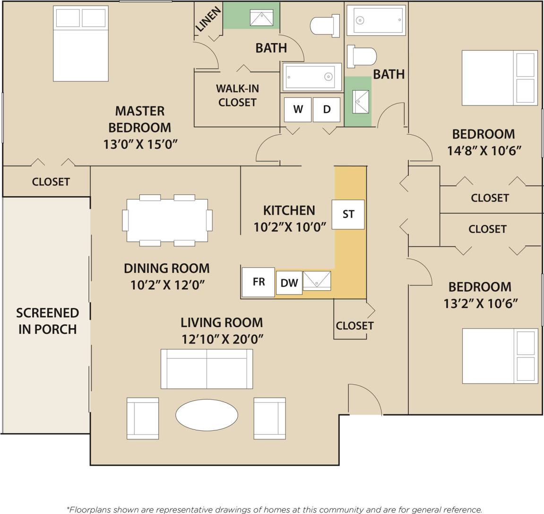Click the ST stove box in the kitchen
point(348,215)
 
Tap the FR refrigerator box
point(258,282)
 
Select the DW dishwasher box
point(289,283)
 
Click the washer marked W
point(298,109)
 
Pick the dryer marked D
point(327,109)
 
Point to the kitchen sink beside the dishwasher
point(317,281)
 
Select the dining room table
point(167,220)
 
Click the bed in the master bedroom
point(81,44)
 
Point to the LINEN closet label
point(208,20)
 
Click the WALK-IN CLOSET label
point(237,96)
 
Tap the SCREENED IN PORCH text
point(47,321)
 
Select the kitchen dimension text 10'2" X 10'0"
point(290,227)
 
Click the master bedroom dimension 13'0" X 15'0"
point(140,144)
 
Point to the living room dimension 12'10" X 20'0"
point(222,339)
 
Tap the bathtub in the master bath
point(312,77)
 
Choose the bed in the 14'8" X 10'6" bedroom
point(499,78)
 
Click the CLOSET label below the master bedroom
point(51,182)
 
